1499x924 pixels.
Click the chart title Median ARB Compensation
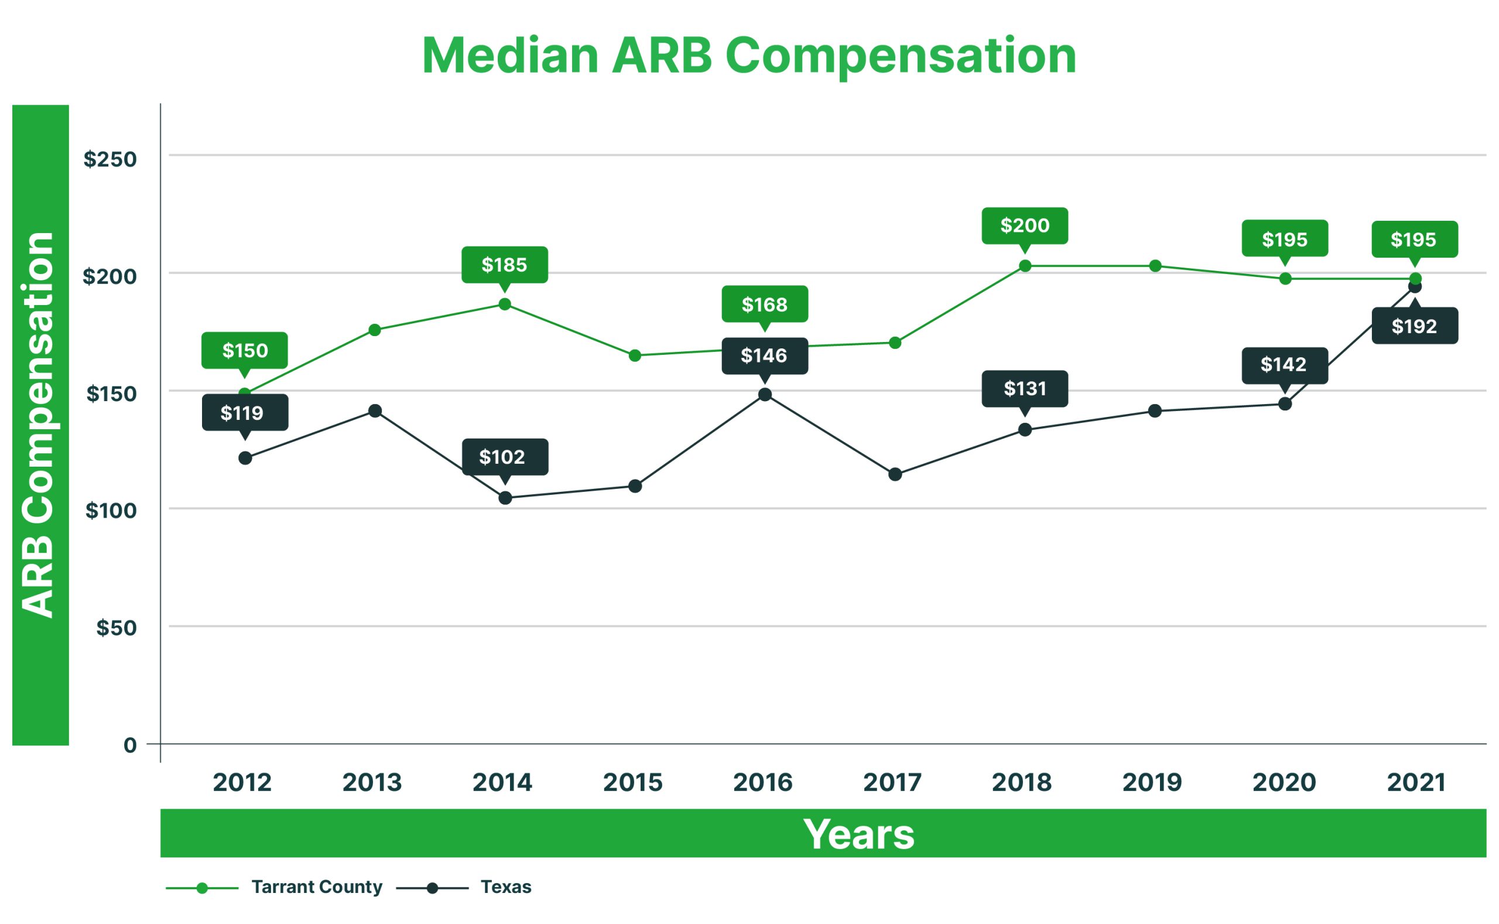(748, 56)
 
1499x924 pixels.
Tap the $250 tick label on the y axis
(110, 159)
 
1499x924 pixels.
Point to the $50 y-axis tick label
(116, 628)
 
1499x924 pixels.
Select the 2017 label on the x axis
(892, 782)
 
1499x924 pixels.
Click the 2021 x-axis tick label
(1416, 782)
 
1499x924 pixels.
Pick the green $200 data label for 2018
(1025, 225)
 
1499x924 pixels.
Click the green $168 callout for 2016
(765, 304)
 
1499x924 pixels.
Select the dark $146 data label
(765, 355)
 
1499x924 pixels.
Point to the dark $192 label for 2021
(1415, 326)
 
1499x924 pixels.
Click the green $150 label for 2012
(244, 350)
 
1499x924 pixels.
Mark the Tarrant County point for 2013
(375, 330)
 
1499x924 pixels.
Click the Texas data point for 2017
(895, 474)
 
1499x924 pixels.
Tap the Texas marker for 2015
(635, 486)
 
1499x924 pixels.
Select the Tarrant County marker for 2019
(1155, 266)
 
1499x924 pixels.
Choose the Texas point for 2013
(375, 410)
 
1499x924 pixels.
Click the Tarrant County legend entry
(317, 887)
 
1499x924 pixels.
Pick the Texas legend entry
(505, 887)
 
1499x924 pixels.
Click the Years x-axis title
(858, 834)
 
